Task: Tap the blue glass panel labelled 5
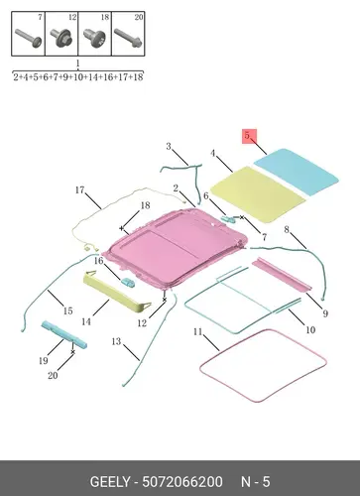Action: pos(297,171)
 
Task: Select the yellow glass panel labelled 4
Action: pos(257,193)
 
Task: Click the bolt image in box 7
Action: pos(29,38)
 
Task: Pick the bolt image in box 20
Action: pos(128,38)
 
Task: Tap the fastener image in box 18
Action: pos(94,38)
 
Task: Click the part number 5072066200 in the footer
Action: pos(182,482)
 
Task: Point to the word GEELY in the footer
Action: pos(110,482)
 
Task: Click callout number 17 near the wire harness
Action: pos(79,190)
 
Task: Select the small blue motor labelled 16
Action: pos(128,283)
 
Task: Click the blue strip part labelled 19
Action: pos(63,334)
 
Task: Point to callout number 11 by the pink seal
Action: pos(197,331)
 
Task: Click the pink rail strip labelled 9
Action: pos(282,274)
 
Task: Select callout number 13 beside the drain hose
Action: pos(116,341)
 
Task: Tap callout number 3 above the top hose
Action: pos(169,146)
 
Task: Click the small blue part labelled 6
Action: pos(228,218)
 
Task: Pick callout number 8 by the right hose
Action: pos(287,229)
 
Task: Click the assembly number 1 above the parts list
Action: pos(78,63)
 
